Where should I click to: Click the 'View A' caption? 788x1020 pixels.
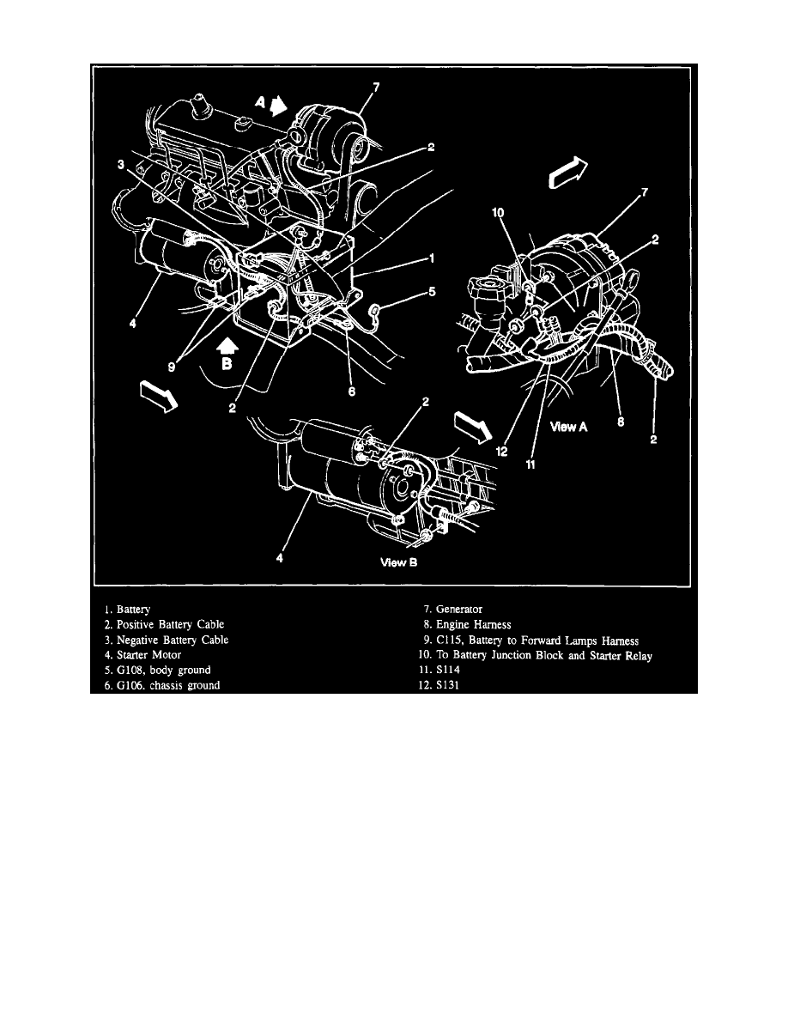[567, 427]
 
